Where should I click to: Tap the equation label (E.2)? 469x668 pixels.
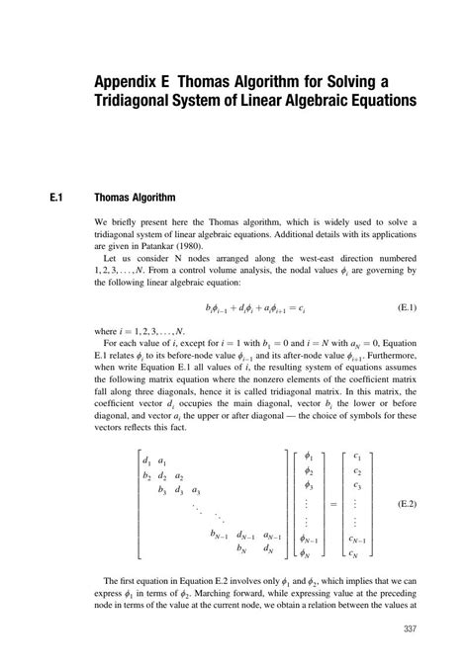406,504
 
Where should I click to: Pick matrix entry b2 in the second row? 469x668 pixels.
146,475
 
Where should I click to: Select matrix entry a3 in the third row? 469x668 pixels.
196,490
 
